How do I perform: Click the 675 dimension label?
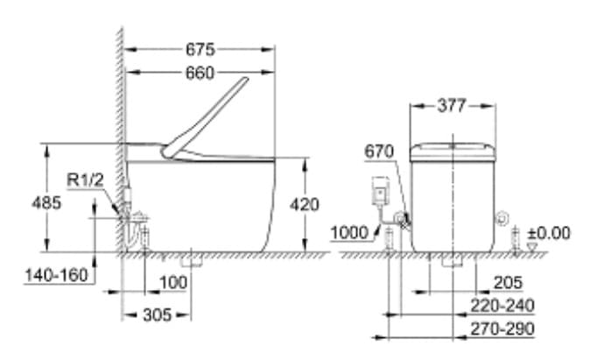pyautogui.click(x=200, y=49)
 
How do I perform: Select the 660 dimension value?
pyautogui.click(x=200, y=74)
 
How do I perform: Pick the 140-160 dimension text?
pyautogui.click(x=56, y=274)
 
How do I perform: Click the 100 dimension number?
pyautogui.click(x=174, y=282)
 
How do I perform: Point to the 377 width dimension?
pyautogui.click(x=453, y=106)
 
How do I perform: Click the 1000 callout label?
pyautogui.click(x=349, y=232)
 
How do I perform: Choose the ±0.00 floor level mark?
pyautogui.click(x=549, y=232)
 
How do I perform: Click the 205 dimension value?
pyautogui.click(x=509, y=282)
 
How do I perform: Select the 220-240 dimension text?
pyautogui.click(x=501, y=305)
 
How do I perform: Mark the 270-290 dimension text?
pyautogui.click(x=501, y=328)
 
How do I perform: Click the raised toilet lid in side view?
pyautogui.click(x=205, y=119)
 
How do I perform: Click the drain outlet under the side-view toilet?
pyautogui.click(x=191, y=260)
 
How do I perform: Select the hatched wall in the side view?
pyautogui.click(x=119, y=131)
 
